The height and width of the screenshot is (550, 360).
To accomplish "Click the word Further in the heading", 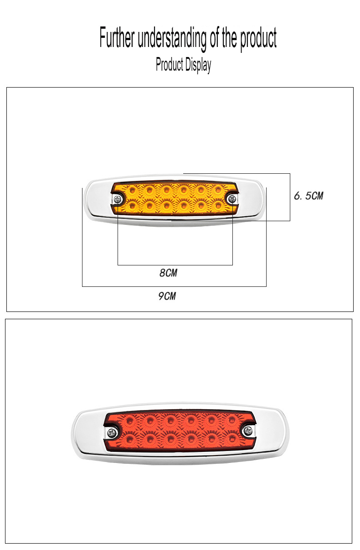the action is tap(117, 37).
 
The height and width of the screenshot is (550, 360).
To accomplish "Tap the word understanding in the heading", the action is tap(172, 39).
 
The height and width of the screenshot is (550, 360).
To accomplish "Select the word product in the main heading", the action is tap(258, 39).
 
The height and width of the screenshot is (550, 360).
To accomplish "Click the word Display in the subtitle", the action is tap(198, 65).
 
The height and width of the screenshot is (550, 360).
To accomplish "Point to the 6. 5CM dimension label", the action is tap(309, 196).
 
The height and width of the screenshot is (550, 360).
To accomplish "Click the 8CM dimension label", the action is tap(168, 273).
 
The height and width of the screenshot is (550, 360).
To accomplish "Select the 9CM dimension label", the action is tap(167, 296).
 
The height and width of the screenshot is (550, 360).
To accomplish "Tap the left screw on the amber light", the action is tap(118, 199).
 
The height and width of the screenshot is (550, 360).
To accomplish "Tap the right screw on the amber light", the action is tap(231, 199).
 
